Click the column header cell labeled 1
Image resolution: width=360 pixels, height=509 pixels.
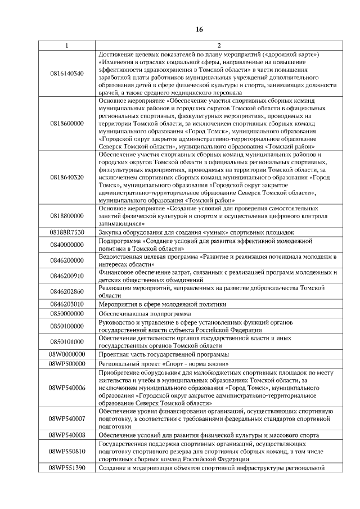tap(66, 46)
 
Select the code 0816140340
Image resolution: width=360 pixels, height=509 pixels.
tap(66, 73)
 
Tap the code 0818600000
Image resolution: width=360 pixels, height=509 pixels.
tap(66, 123)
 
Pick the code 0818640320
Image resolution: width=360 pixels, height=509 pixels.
tap(66, 177)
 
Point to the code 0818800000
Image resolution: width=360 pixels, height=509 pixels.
tap(66, 215)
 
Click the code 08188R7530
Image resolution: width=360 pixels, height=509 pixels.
tap(66, 232)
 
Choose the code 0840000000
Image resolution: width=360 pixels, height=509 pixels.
tap(66, 245)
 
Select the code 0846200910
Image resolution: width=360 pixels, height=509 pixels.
tap(66, 276)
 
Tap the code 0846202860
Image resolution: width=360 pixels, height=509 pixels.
tap(66, 291)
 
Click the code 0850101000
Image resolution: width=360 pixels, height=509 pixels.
tap(66, 341)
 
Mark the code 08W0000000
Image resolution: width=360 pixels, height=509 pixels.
tap(66, 354)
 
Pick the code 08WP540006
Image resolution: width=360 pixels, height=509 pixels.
tap(66, 388)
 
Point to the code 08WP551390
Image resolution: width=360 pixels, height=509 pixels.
tap(66, 468)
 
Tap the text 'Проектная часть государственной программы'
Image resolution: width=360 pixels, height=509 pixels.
tap(163, 354)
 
